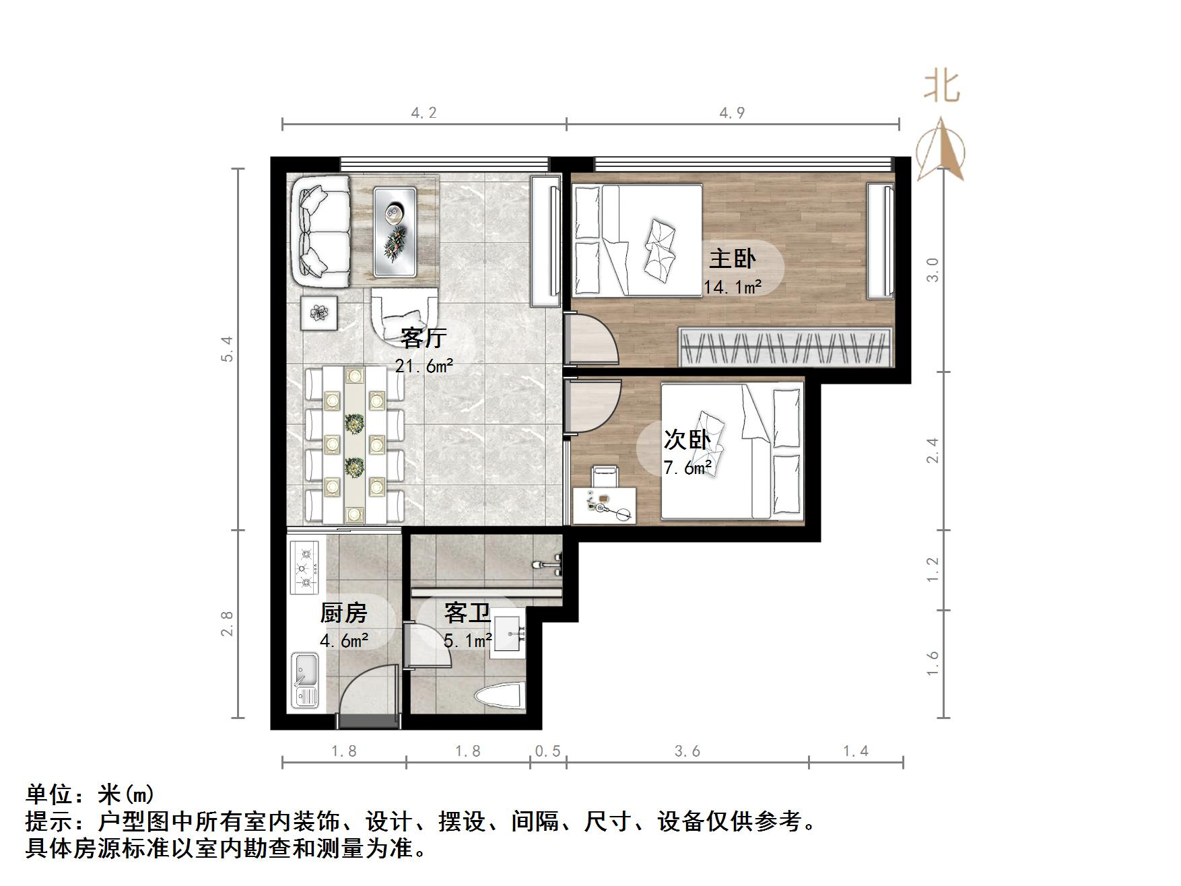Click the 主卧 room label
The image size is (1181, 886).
coord(732,259)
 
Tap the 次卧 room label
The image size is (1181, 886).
coord(687,440)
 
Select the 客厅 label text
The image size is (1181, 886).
coord(423,337)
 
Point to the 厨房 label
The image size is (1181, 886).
coord(343,613)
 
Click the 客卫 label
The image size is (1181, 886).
coord(467,613)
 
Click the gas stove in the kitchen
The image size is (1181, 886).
coord(306,568)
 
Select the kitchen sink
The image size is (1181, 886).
coord(306,679)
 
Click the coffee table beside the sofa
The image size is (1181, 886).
coord(395,231)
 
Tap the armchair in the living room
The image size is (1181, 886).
coord(404,314)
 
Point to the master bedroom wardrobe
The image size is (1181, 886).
coord(784,347)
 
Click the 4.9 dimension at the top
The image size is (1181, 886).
coord(732,113)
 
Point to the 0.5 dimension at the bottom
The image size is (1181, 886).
coord(547,751)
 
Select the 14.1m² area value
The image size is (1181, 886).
coord(733,287)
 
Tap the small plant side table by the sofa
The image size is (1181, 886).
coord(318,312)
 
